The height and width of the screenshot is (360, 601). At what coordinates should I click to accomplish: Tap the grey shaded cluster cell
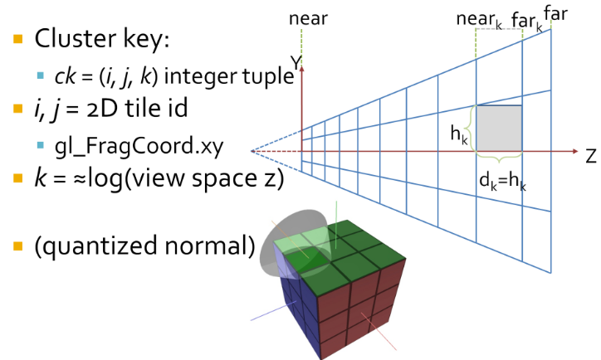click(498, 129)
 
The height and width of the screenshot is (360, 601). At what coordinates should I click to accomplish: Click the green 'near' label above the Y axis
click(306, 18)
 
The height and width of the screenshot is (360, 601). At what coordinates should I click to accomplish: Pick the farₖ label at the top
click(525, 20)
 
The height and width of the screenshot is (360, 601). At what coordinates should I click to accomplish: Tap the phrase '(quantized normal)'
click(139, 246)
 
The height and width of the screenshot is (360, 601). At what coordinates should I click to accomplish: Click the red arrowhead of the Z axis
click(574, 153)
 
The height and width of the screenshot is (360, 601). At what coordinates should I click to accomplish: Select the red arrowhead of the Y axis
click(303, 69)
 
